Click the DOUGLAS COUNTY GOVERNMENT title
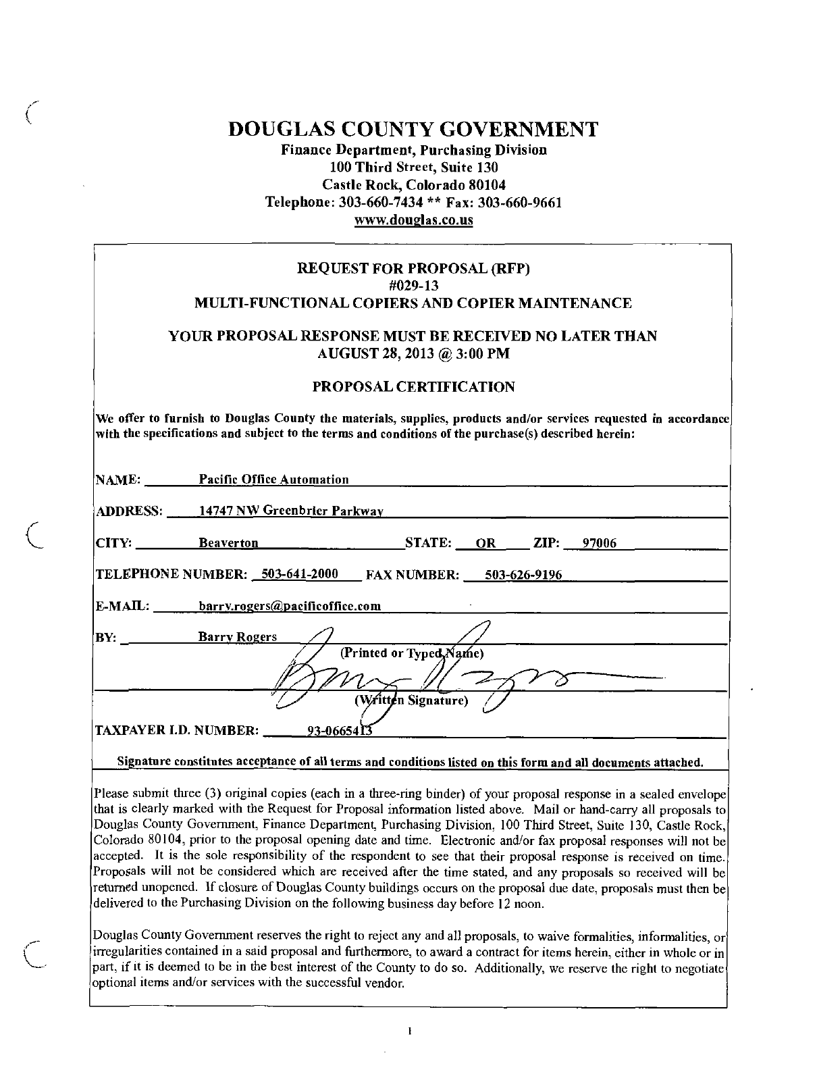[x=413, y=129]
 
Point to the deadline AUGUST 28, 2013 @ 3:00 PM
[x=413, y=353]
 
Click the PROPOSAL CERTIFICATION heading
[x=413, y=387]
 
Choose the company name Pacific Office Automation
[x=273, y=480]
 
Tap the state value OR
[x=485, y=543]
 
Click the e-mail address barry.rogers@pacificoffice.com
[x=290, y=606]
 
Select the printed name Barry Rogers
[x=237, y=637]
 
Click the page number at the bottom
[x=410, y=1031]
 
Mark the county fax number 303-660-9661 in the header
[x=524, y=203]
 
